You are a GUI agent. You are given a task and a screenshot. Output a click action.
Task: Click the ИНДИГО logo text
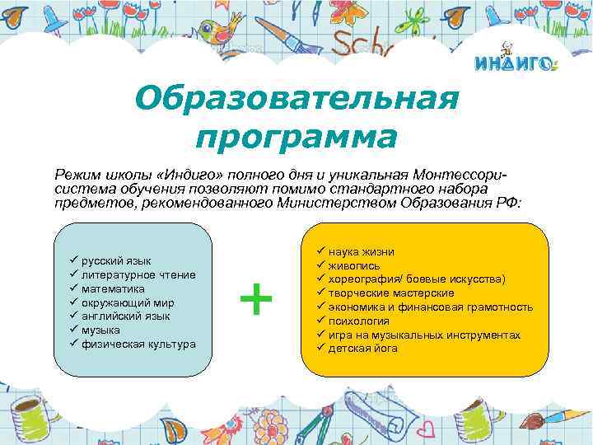tap(516, 64)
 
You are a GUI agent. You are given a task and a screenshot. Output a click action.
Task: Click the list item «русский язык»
tap(116, 261)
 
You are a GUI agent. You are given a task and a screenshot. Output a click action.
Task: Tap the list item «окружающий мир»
tap(121, 302)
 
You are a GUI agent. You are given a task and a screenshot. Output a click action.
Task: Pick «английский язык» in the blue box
tap(126, 316)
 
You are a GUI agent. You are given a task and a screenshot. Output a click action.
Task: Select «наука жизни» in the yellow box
tap(361, 251)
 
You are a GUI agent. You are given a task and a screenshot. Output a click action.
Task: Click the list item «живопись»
tap(353, 265)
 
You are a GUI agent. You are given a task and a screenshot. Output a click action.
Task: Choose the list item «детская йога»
tap(362, 349)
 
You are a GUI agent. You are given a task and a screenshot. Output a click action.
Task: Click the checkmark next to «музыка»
tap(73, 329)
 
